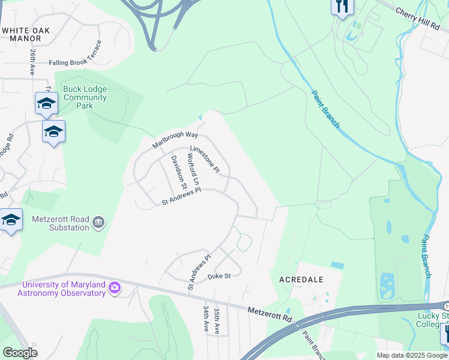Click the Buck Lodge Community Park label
click(85, 97)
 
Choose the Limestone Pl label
click(205, 160)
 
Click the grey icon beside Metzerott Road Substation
click(99, 223)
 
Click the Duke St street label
click(219, 276)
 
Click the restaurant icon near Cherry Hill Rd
click(342, 7)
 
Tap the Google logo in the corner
click(20, 352)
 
